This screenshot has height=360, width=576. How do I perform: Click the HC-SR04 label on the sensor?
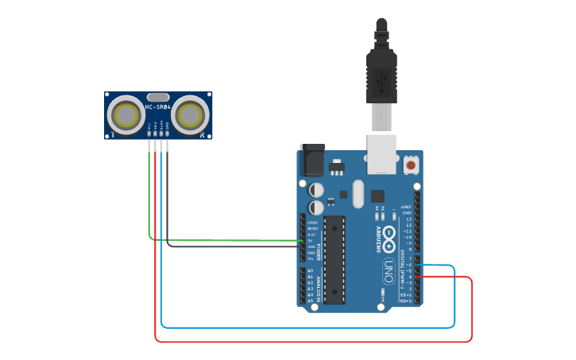pos(158,107)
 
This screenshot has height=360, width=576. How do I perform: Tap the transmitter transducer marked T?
pos(126,115)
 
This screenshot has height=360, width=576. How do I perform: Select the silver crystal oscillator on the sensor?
pos(158,96)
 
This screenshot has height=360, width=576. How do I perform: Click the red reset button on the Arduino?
pos(412,165)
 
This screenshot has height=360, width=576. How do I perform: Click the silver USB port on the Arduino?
pos(381,153)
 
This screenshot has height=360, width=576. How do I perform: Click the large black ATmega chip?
pos(334,259)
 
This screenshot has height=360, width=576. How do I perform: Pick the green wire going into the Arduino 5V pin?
pos(238,239)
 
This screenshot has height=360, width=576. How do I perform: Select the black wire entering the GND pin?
pos(238,246)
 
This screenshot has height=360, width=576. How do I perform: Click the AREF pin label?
pos(407,205)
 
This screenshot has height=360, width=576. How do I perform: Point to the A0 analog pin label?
pos(310,271)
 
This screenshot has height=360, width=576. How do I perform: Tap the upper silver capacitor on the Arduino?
pos(316,190)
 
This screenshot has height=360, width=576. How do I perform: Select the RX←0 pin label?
pos(405,301)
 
